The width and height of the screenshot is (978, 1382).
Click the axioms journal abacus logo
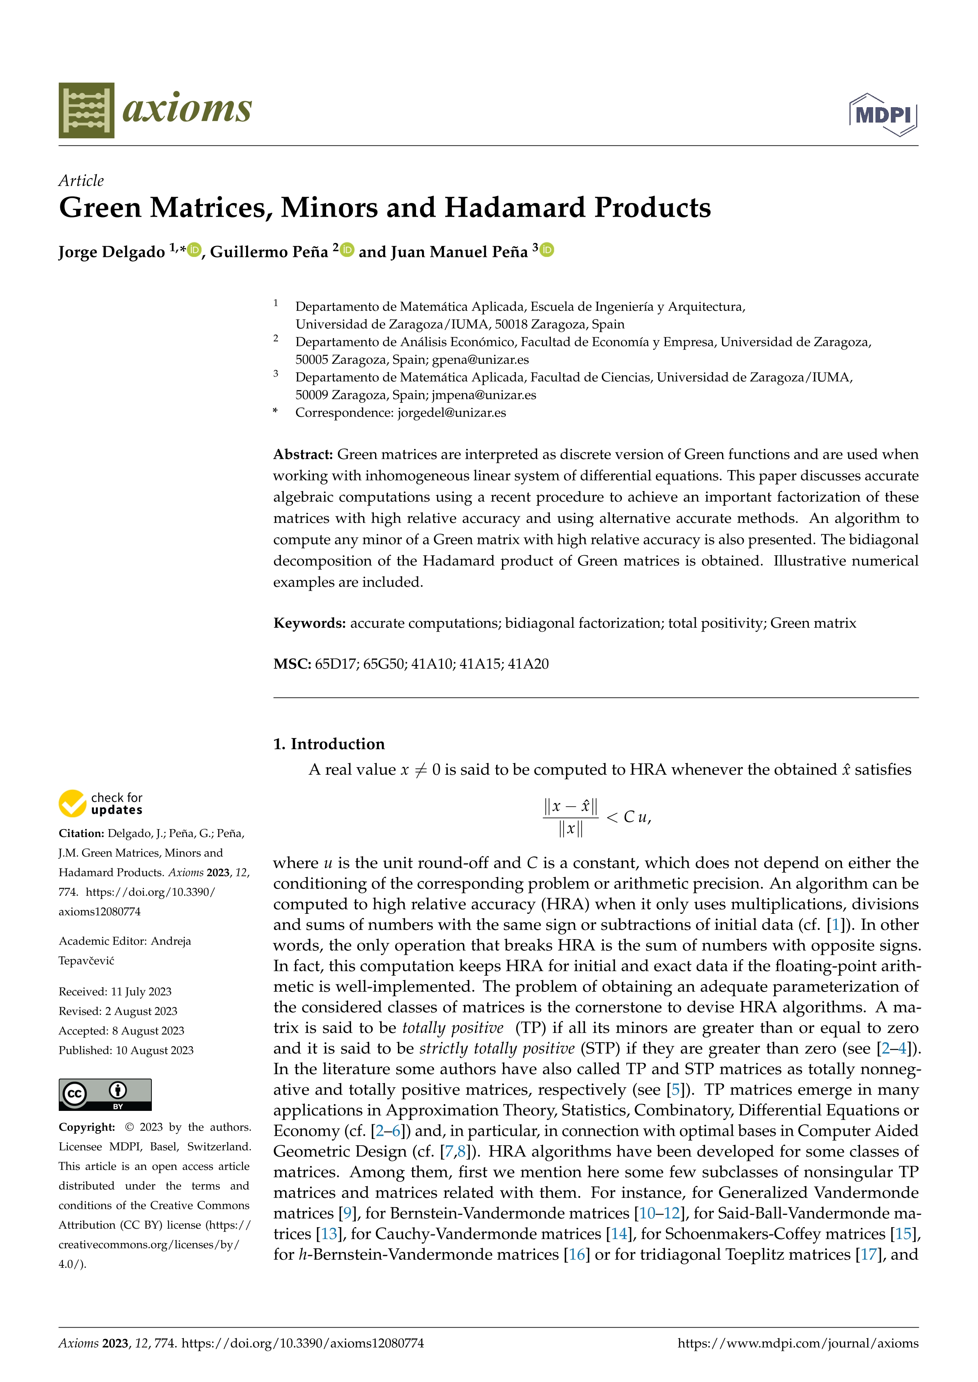tap(86, 110)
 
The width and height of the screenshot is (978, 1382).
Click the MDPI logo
tap(883, 114)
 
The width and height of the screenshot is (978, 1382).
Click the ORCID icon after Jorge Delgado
tap(194, 250)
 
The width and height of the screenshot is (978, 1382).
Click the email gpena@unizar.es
tap(480, 359)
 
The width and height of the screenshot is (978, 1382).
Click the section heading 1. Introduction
tap(329, 744)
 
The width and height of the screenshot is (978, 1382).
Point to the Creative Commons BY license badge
tap(105, 1094)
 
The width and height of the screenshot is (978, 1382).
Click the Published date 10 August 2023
tap(154, 1050)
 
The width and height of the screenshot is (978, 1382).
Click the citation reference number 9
tap(347, 1213)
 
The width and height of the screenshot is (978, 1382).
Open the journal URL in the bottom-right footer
tap(798, 1343)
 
